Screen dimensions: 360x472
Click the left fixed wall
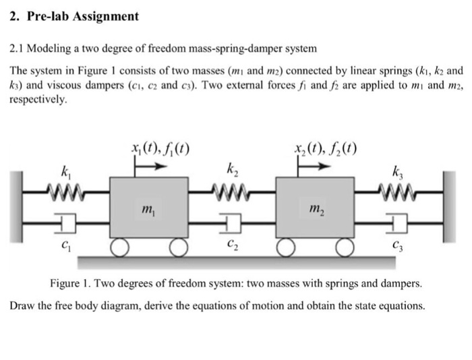pos(16,206)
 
